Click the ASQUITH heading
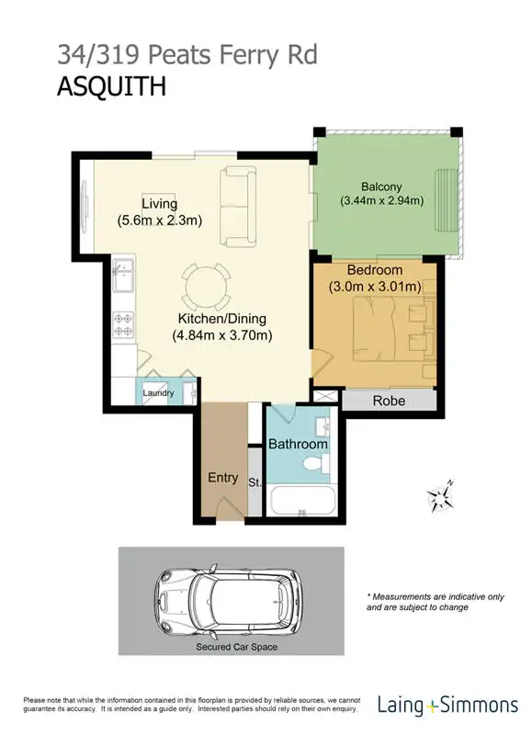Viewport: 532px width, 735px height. [x=111, y=87]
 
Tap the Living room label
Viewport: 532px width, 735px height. [x=159, y=203]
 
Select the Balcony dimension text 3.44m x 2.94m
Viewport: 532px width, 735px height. [x=381, y=200]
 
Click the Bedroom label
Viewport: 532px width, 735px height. [x=374, y=270]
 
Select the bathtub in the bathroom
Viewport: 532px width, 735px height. [x=302, y=502]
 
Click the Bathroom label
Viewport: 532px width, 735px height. [x=298, y=444]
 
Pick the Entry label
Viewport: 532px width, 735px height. [x=222, y=478]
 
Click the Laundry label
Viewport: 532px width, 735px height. [x=158, y=393]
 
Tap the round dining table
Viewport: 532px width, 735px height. [x=206, y=288]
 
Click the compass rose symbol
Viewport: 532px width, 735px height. [x=440, y=497]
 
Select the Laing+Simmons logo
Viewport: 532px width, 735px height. [x=447, y=706]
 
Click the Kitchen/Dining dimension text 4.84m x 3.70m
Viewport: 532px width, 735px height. [x=222, y=335]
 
